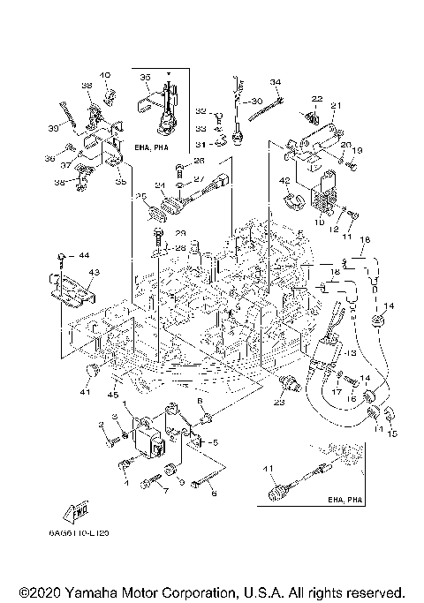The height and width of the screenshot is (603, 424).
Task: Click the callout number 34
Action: [275, 82]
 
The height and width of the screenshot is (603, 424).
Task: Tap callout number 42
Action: [285, 181]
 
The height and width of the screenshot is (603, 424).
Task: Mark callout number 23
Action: [278, 402]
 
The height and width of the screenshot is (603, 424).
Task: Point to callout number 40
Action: [105, 75]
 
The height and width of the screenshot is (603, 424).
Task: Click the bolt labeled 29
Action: [157, 237]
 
